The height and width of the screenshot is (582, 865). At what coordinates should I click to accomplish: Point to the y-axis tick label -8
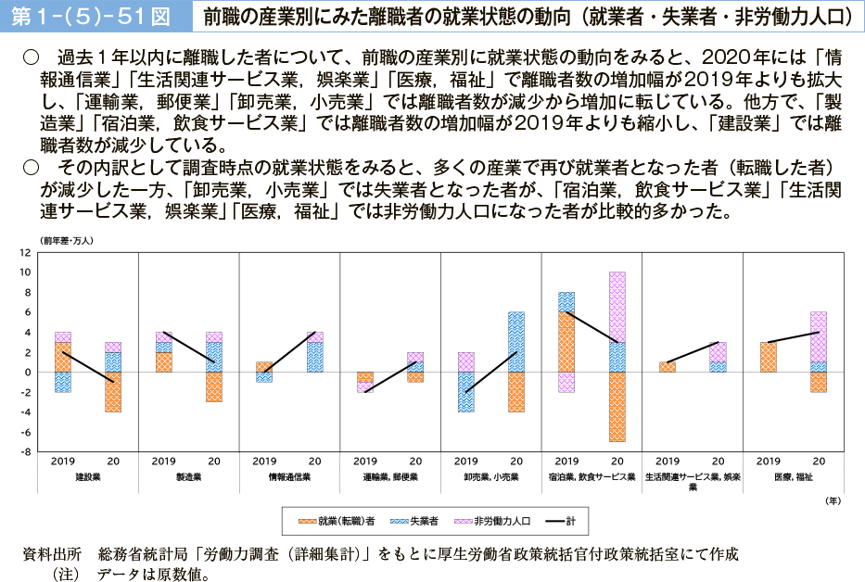point(25,452)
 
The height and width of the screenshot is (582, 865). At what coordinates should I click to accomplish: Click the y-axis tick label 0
point(27,373)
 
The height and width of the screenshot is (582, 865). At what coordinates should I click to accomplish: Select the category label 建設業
point(88,476)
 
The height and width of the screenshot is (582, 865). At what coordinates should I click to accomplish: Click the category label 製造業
point(189,476)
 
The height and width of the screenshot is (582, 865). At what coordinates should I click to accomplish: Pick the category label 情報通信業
point(290,476)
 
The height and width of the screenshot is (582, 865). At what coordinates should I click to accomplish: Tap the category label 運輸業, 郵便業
point(391,476)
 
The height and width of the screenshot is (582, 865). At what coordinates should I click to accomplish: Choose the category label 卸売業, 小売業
point(491,476)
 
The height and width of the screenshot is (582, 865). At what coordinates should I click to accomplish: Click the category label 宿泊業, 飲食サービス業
point(592,476)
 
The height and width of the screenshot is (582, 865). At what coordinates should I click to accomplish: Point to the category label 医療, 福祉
point(794,476)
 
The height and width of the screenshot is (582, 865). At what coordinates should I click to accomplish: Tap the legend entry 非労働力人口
point(500,522)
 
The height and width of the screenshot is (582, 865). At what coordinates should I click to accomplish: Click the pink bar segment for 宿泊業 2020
point(617,307)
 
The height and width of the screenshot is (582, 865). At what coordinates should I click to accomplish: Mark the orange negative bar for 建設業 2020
point(113,392)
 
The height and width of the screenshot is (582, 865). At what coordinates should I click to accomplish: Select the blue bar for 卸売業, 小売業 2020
point(516,342)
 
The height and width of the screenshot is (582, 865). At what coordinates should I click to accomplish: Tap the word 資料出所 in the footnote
point(52,554)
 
